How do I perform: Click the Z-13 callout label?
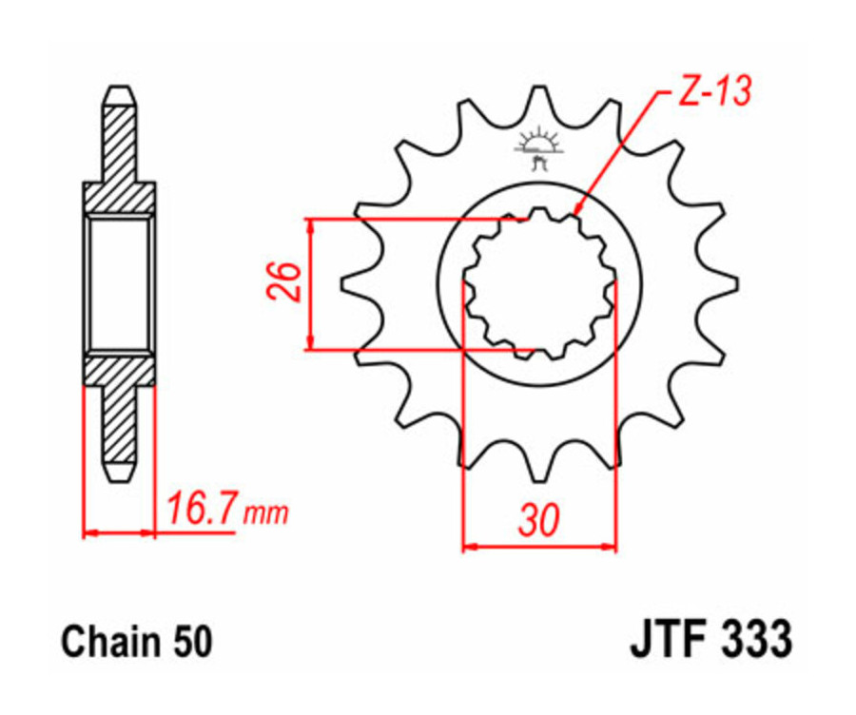pyautogui.click(x=714, y=92)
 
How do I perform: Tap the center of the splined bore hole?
pyautogui.click(x=539, y=282)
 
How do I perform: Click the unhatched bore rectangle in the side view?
pyautogui.click(x=119, y=282)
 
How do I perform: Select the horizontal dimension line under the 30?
pyautogui.click(x=539, y=547)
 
